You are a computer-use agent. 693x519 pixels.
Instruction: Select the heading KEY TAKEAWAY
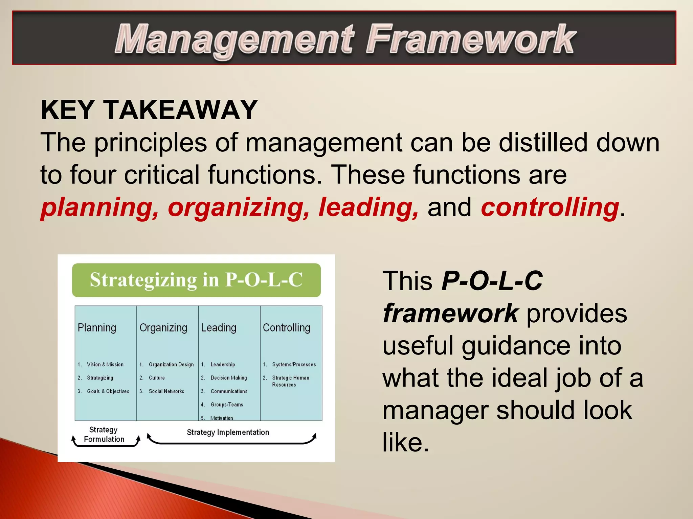pyautogui.click(x=149, y=110)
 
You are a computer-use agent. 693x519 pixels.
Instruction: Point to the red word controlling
pyautogui.click(x=550, y=207)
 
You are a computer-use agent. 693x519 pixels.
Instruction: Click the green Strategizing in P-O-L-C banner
pyautogui.click(x=196, y=280)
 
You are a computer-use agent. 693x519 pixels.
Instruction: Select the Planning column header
pyautogui.click(x=97, y=328)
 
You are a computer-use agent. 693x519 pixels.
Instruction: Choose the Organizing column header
pyautogui.click(x=163, y=328)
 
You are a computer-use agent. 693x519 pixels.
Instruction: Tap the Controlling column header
pyautogui.click(x=287, y=328)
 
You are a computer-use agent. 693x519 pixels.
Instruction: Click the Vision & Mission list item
pyautogui.click(x=105, y=365)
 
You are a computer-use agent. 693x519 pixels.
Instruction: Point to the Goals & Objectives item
pyautogui.click(x=108, y=391)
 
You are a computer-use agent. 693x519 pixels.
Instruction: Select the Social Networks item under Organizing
pyautogui.click(x=166, y=391)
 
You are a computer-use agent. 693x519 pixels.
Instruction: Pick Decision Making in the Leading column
pyautogui.click(x=228, y=378)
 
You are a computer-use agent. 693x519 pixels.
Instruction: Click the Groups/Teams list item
pyautogui.click(x=227, y=404)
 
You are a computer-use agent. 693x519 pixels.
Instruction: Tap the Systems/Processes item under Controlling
pyautogui.click(x=294, y=365)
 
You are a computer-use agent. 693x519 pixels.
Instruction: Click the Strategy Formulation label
pyautogui.click(x=104, y=435)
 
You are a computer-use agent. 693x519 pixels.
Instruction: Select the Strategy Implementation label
pyautogui.click(x=228, y=432)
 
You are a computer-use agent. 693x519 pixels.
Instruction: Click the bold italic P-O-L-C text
pyautogui.click(x=492, y=281)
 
